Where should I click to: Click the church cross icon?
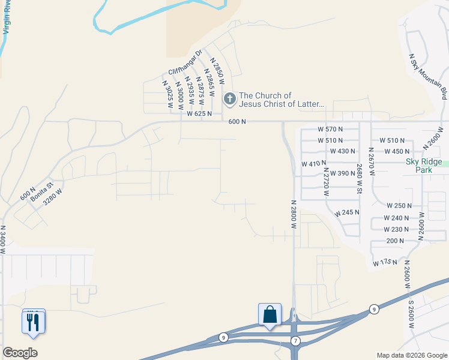click(x=229, y=99)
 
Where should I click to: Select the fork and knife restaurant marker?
click(x=33, y=322)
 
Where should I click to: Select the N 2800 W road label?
click(x=294, y=215)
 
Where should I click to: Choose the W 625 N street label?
click(x=200, y=113)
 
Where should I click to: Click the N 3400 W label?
click(x=3, y=239)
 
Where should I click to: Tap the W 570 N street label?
click(x=330, y=129)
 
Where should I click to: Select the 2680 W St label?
click(x=359, y=179)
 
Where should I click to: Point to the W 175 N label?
click(x=385, y=262)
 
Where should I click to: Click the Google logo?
click(x=20, y=353)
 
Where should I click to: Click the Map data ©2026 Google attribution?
click(x=412, y=355)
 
